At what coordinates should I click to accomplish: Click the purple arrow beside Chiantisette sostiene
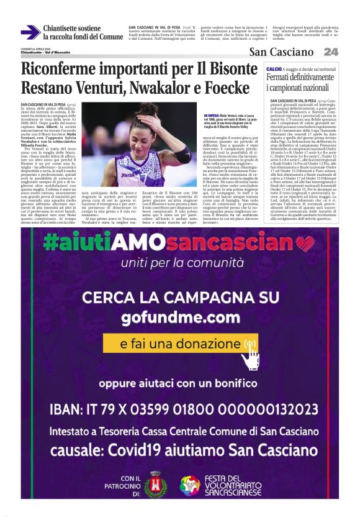pyautogui.click(x=30, y=32)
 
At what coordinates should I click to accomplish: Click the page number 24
pyautogui.click(x=331, y=52)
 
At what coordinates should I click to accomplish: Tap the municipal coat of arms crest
pyautogui.click(x=155, y=484)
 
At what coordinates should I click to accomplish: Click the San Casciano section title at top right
pyautogui.click(x=284, y=52)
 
